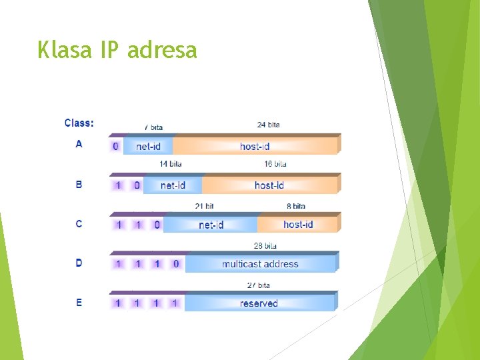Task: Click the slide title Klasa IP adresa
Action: click(x=117, y=50)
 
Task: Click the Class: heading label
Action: click(x=79, y=123)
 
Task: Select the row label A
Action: click(x=79, y=144)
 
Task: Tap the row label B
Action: click(x=79, y=184)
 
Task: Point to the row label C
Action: click(x=79, y=224)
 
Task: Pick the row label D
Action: click(x=79, y=263)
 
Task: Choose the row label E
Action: click(x=79, y=303)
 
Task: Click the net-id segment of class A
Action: click(x=148, y=146)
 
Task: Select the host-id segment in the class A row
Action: click(x=255, y=146)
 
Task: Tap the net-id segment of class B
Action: click(x=173, y=185)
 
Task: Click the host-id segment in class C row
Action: click(x=298, y=224)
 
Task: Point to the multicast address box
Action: click(x=260, y=264)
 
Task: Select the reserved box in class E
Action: click(x=259, y=303)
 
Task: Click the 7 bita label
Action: click(x=153, y=127)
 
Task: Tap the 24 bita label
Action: click(x=269, y=125)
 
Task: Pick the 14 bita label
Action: click(x=171, y=164)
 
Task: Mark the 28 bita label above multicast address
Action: click(x=265, y=246)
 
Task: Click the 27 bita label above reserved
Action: click(x=259, y=285)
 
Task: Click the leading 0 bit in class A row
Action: click(x=115, y=146)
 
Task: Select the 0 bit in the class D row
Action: click(x=176, y=264)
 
